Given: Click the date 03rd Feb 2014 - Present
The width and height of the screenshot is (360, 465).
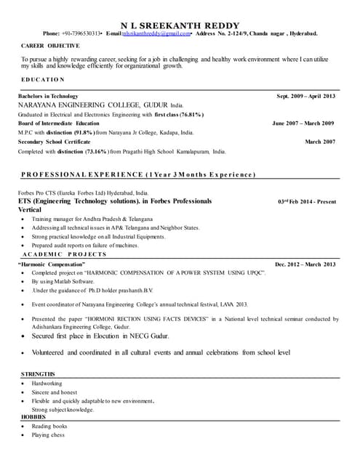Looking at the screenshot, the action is coord(307,201).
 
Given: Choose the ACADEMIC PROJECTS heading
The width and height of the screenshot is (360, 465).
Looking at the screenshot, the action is coord(65,255).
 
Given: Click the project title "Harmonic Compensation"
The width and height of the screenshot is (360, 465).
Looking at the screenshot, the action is coord(60,264).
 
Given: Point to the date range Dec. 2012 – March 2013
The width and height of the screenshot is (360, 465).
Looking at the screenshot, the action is coord(305,264).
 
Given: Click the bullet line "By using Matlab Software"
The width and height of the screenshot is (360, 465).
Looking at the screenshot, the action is coord(63,280).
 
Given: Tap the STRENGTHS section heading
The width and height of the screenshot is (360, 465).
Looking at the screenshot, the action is coord(39,373).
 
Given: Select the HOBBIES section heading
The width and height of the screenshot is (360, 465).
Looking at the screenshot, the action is coord(33,417).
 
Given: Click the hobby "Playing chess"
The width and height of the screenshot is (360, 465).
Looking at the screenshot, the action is coord(48,434).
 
